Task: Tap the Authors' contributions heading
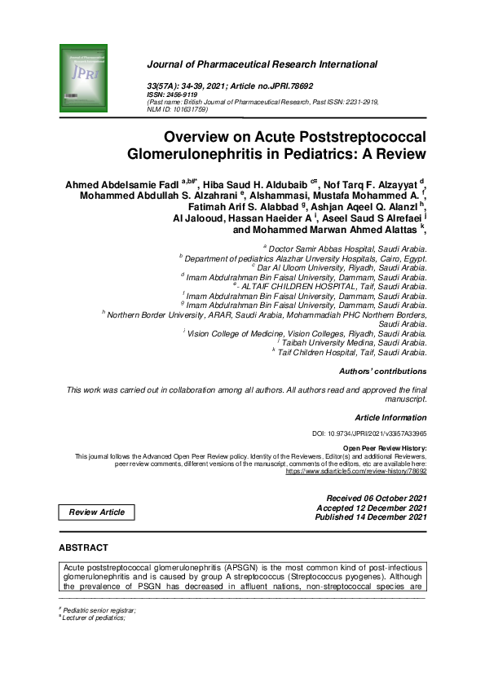(x=382, y=372)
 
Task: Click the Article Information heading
(x=390, y=416)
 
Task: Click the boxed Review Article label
(x=97, y=512)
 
